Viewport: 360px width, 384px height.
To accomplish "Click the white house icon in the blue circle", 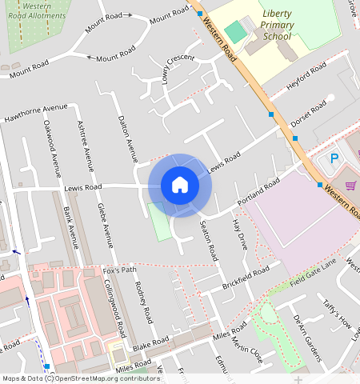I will [180, 185].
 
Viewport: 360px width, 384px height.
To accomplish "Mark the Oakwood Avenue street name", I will [53, 148].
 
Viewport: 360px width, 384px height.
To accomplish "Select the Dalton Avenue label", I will [126, 137].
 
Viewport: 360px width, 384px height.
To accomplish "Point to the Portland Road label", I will [258, 192].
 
